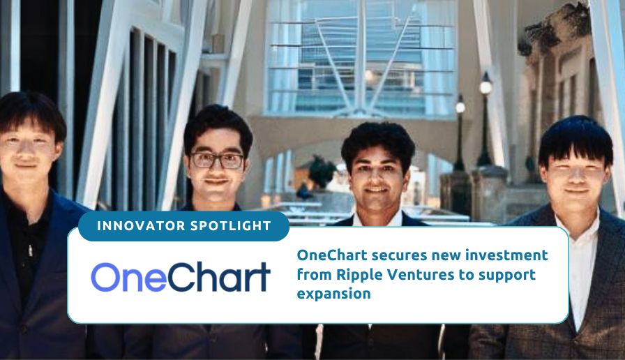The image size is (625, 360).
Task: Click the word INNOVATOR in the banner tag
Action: click(140, 226)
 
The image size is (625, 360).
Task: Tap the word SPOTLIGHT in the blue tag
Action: click(231, 226)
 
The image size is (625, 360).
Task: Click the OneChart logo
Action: click(181, 276)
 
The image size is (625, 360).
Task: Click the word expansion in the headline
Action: click(333, 294)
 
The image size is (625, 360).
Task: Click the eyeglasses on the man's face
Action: click(217, 160)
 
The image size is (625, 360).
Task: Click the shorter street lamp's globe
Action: click(460, 107)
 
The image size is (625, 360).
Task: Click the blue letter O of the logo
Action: click(106, 278)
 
